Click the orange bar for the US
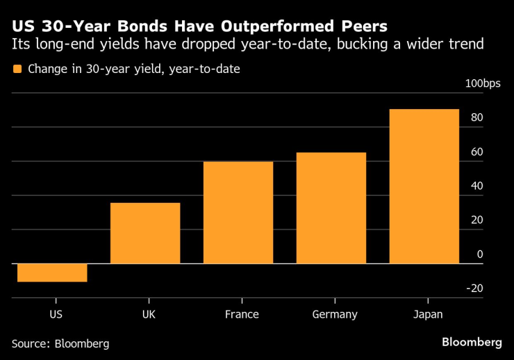point(52,272)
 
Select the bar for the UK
point(145,233)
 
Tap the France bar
point(238,212)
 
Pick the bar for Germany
point(331,208)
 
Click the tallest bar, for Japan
point(424,186)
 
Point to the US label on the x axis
point(56,314)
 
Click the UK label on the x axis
point(149,314)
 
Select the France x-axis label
point(242,314)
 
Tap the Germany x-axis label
point(335,314)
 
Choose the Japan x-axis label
point(427,314)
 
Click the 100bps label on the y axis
point(482,84)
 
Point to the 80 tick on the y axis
point(476,118)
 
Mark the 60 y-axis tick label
point(476,152)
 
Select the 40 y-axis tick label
point(476,186)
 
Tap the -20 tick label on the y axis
point(474,288)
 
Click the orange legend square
point(17,69)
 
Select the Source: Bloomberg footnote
point(60,343)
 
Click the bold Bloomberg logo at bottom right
point(472,342)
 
